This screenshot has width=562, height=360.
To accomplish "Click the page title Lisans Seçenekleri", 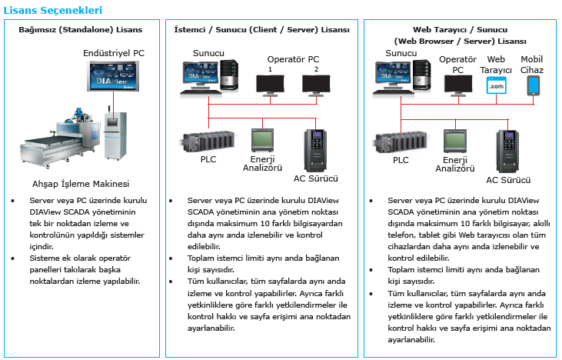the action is [53, 10].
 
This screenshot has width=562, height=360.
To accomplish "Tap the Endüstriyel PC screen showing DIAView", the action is [113, 76].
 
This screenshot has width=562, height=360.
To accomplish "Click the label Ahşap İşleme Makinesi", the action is [81, 184].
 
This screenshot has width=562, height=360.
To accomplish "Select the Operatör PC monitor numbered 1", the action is [271, 85].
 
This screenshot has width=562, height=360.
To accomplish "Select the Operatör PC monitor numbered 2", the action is [316, 85].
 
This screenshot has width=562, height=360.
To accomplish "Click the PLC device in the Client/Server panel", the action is [208, 142].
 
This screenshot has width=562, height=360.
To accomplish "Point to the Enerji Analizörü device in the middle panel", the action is [262, 140].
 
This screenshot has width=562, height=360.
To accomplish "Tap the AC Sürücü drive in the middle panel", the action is [315, 151].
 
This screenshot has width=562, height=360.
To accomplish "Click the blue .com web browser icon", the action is [497, 86].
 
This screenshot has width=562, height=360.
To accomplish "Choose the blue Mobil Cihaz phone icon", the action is [534, 86].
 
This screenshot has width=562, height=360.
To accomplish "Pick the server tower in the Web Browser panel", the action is [421, 75].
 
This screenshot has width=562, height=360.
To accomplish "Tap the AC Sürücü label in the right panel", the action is [508, 180].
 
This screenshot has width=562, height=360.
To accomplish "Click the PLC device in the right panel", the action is [401, 142].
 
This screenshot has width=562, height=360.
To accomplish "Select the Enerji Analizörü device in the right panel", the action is [455, 142].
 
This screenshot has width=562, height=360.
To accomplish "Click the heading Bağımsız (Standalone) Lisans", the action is [81, 30].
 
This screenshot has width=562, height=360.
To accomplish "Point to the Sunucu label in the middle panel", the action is [208, 53].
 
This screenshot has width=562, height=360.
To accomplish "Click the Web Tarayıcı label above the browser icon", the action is [496, 65].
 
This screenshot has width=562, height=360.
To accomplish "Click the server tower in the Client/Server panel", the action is [229, 75].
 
